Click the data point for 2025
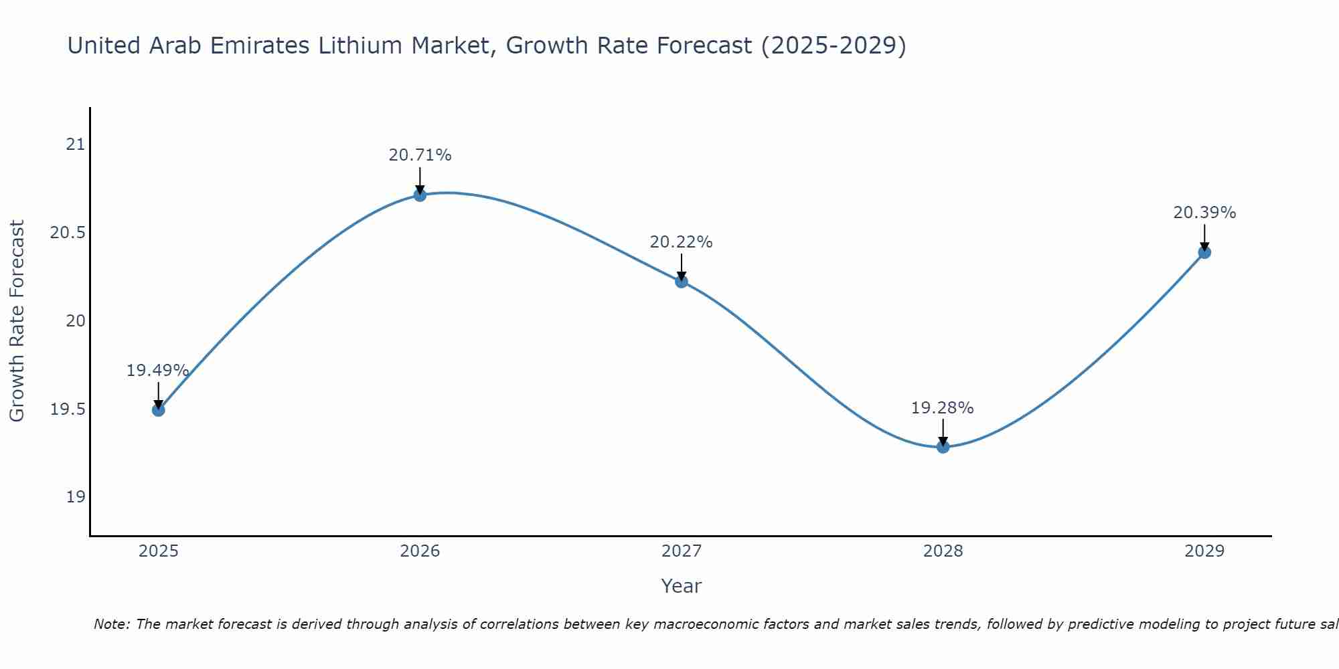tap(159, 409)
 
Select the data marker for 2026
tap(420, 195)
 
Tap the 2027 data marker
tap(682, 282)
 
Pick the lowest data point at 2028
tap(943, 447)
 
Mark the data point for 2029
tap(1204, 252)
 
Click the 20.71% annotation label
tap(420, 155)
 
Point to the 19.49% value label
tap(158, 371)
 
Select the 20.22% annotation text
tap(681, 242)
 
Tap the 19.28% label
tap(942, 408)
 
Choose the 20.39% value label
tap(1204, 213)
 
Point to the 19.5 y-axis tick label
tap(68, 409)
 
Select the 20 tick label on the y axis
tap(76, 321)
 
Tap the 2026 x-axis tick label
tap(420, 551)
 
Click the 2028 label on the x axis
tap(943, 551)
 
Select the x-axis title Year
tap(681, 586)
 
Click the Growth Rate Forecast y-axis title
tap(17, 321)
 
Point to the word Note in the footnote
tap(111, 624)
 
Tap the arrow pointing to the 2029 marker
tap(1204, 237)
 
